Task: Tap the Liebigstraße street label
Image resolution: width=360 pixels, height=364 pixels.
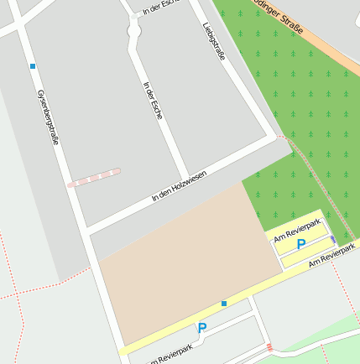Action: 214,40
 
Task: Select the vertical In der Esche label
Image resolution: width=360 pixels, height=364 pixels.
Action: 153,99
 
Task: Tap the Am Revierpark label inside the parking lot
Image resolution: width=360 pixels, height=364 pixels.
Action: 298,229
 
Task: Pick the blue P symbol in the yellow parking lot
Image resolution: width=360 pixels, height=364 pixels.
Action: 301,243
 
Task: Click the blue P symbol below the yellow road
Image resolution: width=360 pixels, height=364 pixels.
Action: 201,328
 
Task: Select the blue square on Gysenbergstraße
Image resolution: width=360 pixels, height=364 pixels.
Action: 33,65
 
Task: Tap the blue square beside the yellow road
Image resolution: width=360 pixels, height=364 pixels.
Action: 224,303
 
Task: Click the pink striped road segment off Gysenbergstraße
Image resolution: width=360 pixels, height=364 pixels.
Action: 94,177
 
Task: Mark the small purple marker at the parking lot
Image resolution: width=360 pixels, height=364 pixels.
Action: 333,240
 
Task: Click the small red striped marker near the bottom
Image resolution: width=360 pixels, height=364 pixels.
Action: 269,347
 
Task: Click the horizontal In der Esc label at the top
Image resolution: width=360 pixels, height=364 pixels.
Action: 161,8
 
